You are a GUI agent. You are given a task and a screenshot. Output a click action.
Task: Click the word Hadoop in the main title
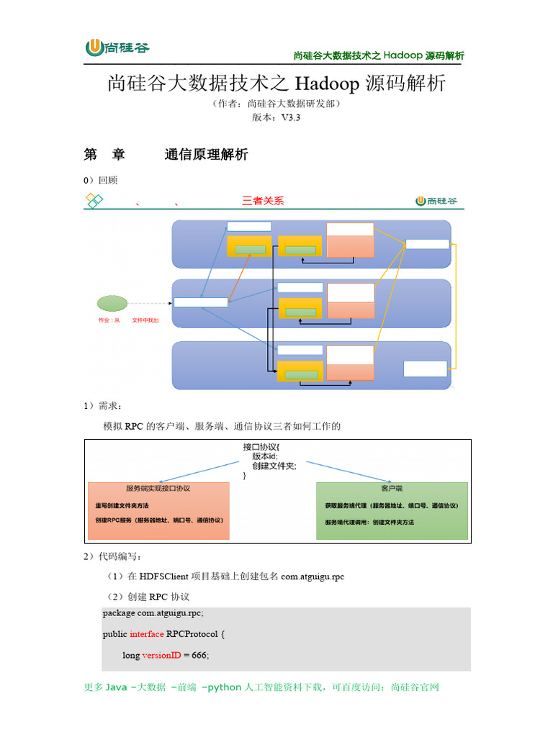(326, 84)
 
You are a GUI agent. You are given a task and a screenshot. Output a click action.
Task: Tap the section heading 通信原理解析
(206, 155)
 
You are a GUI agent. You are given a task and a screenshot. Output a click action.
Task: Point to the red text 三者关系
(263, 201)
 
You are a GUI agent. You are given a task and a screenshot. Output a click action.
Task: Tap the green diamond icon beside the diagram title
(94, 201)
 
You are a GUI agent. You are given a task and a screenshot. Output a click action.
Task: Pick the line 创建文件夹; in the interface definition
(274, 466)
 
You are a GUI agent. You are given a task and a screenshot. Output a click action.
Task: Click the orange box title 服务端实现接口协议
(158, 488)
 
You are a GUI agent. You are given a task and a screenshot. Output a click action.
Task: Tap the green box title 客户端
(391, 488)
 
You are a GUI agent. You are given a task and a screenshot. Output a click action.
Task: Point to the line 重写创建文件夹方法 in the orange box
(122, 506)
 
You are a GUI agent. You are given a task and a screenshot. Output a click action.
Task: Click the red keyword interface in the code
(147, 634)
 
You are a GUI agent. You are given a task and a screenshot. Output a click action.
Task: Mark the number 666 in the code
(199, 656)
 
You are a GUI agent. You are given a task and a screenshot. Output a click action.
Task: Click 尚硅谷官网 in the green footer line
(414, 687)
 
